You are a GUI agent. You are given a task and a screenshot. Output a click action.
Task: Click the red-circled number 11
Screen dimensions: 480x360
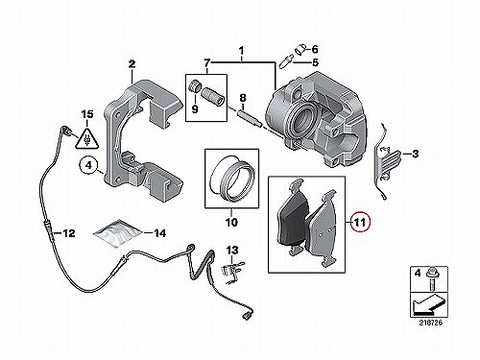click(360, 222)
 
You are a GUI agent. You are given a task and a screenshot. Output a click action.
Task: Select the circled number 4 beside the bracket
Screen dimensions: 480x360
click(88, 165)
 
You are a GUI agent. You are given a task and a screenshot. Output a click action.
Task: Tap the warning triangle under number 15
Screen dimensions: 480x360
click(86, 137)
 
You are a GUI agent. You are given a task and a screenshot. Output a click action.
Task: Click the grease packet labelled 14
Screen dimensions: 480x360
click(118, 232)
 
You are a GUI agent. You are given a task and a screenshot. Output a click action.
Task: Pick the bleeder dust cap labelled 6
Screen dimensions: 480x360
click(300, 50)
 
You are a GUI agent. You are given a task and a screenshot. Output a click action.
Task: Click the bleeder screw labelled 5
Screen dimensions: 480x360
click(285, 61)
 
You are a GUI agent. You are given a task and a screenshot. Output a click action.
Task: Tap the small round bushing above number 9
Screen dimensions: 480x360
click(195, 86)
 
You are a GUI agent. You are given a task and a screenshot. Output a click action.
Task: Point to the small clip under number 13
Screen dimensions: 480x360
click(232, 269)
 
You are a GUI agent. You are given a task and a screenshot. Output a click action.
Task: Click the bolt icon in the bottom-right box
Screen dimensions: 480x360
click(430, 277)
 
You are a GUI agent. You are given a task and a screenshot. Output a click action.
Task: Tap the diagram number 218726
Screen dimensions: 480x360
click(430, 323)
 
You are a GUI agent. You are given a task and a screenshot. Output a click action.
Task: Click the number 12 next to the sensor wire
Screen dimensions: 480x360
click(69, 233)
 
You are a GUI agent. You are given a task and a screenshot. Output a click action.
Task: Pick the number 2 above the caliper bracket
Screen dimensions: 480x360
click(132, 64)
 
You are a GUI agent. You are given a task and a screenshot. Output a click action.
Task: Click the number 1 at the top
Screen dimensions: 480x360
click(242, 51)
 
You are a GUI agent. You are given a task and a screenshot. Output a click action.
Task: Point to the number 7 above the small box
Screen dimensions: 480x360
click(207, 62)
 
